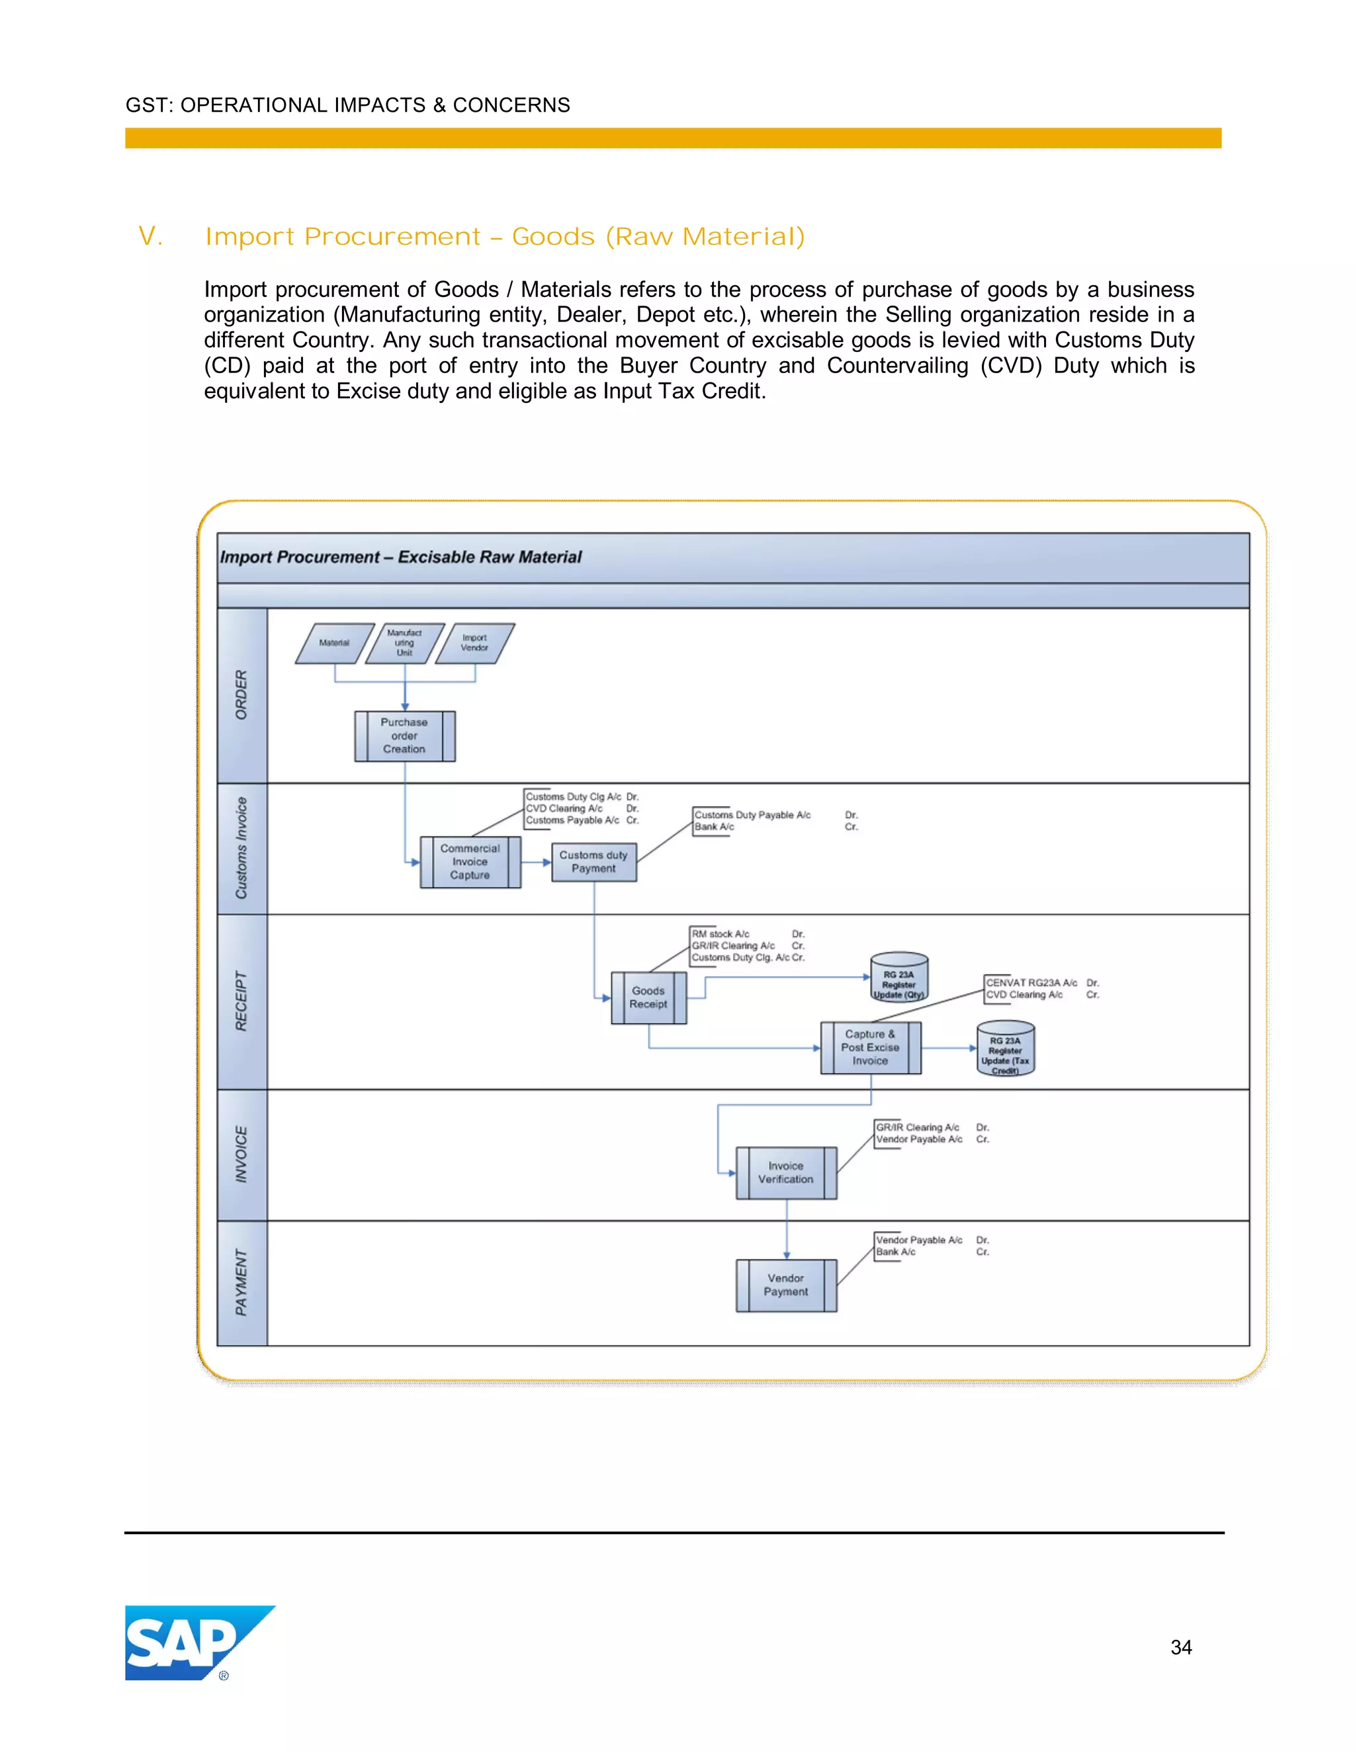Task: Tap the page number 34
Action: pos(1181,1647)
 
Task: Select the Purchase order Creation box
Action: pos(404,735)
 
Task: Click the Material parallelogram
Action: pos(335,643)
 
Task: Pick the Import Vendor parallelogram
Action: pos(474,643)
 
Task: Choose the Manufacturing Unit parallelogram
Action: pos(404,643)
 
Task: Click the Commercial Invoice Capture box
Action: pos(470,861)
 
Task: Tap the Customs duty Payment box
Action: pos(594,861)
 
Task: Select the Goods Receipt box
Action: pos(648,997)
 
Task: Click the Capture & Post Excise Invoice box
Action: pos(870,1047)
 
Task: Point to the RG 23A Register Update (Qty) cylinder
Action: pos(899,977)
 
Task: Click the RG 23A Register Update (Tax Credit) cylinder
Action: pos(1005,1048)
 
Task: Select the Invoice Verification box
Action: pos(786,1173)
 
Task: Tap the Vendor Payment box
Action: pos(786,1285)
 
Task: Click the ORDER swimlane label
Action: pos(241,695)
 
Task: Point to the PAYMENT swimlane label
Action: pos(241,1282)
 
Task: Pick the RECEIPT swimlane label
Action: pos(241,1001)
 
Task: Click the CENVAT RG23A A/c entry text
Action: pos(1031,982)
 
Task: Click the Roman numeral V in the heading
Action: pos(150,236)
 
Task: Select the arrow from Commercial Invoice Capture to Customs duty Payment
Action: pos(536,862)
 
